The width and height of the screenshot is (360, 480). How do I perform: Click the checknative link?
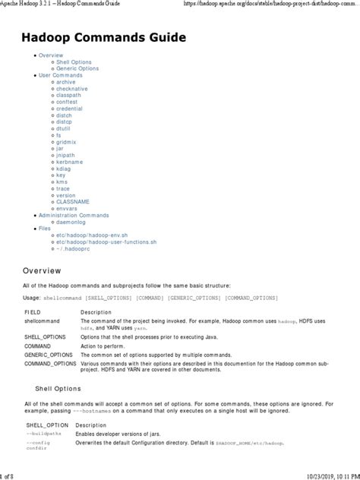pyautogui.click(x=73, y=89)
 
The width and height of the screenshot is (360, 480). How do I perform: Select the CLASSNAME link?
pyautogui.click(x=72, y=201)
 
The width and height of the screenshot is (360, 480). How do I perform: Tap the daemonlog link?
pyautogui.click(x=71, y=222)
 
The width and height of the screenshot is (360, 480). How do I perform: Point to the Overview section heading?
pyautogui.click(x=43, y=270)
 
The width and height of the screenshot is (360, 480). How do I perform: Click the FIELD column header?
pyautogui.click(x=33, y=312)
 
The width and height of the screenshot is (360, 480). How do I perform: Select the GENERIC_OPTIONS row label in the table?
pyautogui.click(x=49, y=355)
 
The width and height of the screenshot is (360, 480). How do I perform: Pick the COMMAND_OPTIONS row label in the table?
pyautogui.click(x=50, y=364)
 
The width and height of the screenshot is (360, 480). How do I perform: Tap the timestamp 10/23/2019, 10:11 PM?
pyautogui.click(x=323, y=475)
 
